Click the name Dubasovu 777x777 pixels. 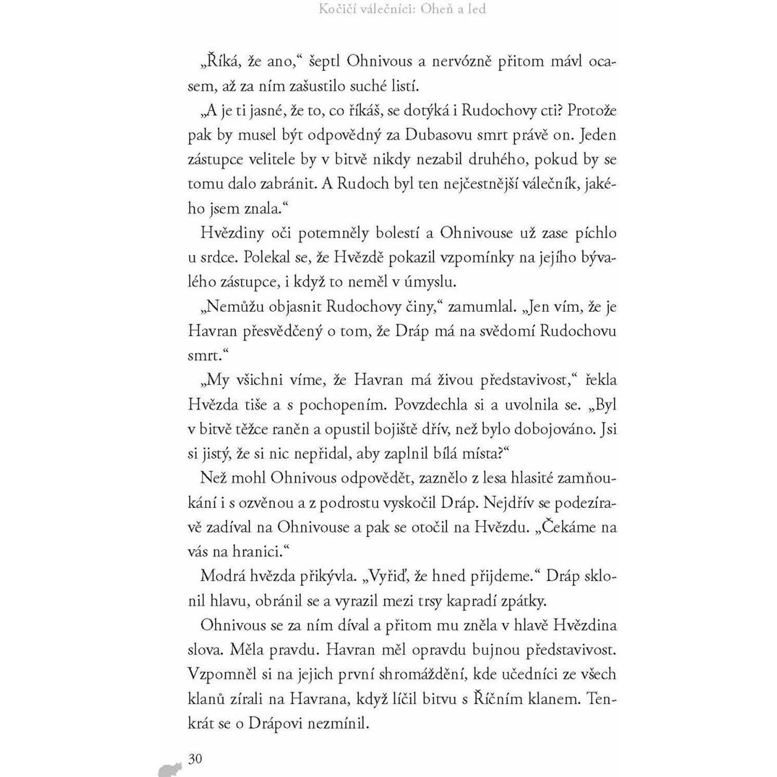439,135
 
